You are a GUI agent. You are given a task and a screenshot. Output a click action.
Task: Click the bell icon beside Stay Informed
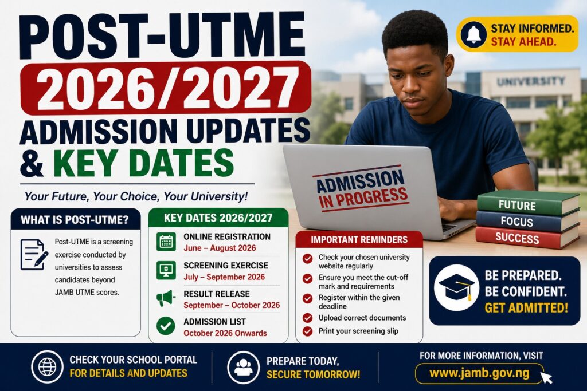473,34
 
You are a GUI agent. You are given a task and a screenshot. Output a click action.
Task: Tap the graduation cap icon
456,287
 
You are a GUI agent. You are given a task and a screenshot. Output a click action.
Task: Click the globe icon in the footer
47,367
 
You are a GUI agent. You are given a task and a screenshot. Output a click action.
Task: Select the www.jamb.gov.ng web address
479,373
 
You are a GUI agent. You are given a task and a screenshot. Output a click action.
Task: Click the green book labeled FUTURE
528,203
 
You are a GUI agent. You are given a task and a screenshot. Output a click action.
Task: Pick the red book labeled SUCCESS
527,237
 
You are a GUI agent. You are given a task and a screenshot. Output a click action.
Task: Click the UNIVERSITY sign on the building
530,81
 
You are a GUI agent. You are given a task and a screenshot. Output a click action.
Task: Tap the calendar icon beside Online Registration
166,242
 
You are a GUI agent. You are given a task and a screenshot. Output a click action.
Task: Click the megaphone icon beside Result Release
166,298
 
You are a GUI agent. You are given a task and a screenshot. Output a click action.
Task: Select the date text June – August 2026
220,248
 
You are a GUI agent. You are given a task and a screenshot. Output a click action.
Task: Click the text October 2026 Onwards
225,333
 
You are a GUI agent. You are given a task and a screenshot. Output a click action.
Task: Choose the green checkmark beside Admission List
166,326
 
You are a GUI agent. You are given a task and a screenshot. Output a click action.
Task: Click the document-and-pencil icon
34,255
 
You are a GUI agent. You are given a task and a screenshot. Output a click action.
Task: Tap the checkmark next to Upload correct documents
308,318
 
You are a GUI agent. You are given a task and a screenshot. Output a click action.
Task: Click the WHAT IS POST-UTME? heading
75,220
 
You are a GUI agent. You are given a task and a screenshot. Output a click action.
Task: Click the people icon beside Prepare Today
243,367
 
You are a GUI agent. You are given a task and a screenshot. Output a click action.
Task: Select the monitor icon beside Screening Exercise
166,270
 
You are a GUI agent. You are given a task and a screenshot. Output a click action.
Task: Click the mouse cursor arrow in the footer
547,377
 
